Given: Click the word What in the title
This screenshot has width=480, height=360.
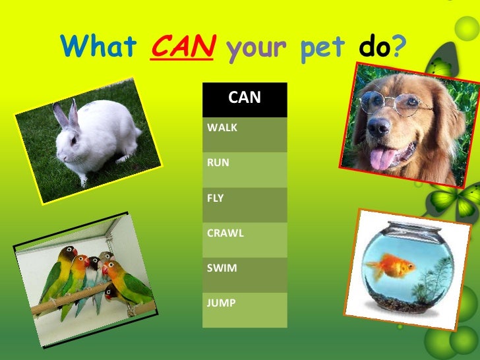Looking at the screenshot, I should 98,47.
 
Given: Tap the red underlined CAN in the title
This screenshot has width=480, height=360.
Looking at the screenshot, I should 181,47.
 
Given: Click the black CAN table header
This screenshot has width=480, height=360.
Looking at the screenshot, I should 244,99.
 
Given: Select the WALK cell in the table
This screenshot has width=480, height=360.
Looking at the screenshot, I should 244,134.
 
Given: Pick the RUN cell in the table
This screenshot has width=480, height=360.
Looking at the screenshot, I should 244,169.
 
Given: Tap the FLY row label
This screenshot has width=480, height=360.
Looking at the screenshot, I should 244,204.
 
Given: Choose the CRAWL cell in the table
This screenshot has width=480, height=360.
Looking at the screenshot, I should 244,239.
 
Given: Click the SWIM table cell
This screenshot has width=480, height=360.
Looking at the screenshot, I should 244,274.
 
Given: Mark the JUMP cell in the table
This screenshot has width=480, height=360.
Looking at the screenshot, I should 244,309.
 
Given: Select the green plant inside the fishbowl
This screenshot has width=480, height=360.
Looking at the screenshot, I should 433,280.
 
